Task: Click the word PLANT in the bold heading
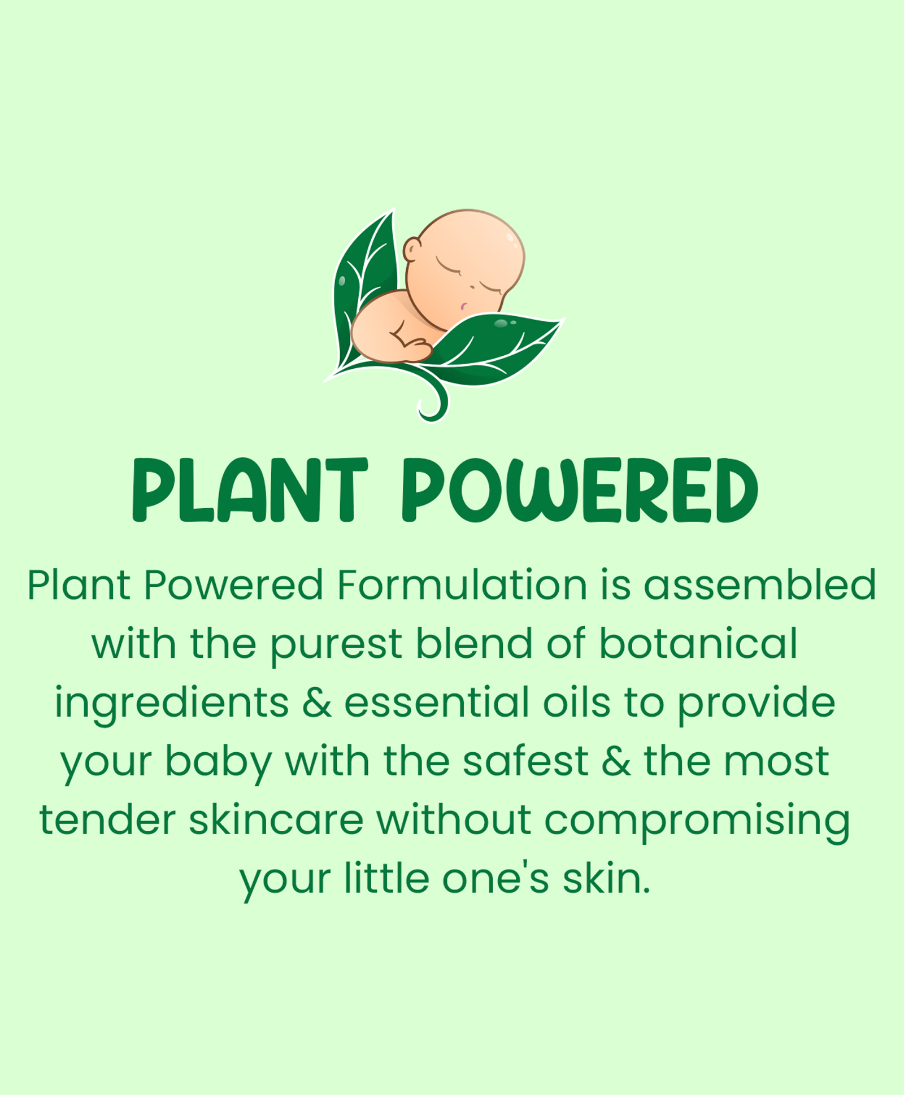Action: coord(250,490)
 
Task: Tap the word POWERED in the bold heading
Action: coord(580,490)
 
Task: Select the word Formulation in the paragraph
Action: coord(462,584)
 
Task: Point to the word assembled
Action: coord(760,584)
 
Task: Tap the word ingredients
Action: coord(172,704)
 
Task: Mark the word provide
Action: coord(756,704)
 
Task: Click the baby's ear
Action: coord(412,249)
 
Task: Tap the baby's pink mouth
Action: coord(463,307)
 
